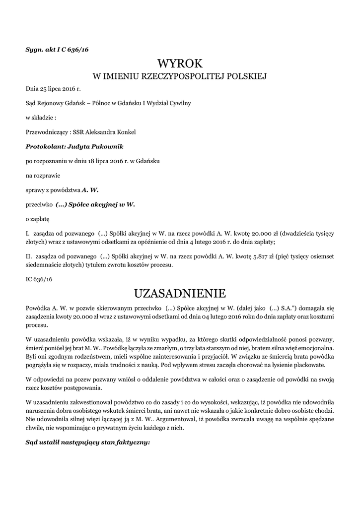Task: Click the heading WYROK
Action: (x=180, y=63)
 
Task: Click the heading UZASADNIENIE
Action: (x=180, y=292)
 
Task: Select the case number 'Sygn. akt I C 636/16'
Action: (x=57, y=49)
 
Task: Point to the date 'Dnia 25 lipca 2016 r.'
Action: (x=53, y=89)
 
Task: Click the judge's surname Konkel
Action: (x=125, y=132)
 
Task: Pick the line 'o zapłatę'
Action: (x=37, y=218)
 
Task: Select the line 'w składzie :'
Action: (x=41, y=118)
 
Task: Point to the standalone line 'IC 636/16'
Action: (x=39, y=280)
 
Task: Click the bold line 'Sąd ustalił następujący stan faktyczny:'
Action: (x=87, y=443)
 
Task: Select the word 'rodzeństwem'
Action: (x=87, y=357)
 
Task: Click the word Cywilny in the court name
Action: (x=180, y=103)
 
